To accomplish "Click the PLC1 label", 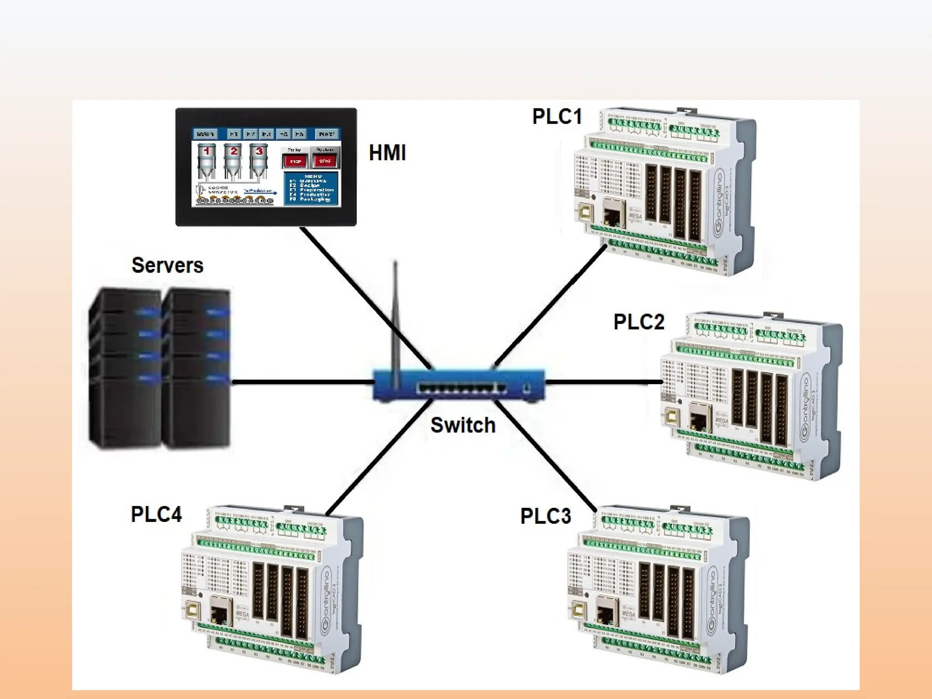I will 557,116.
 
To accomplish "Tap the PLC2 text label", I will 639,322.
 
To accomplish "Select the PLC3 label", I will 545,517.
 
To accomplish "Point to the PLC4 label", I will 156,515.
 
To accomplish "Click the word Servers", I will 167,265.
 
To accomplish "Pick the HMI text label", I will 387,153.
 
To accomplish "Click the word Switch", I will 463,425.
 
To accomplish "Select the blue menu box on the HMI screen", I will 311,188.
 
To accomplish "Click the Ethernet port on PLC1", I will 613,212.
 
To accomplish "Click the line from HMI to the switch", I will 364,296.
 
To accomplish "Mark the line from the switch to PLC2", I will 601,382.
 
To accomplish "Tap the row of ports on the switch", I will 461,388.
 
